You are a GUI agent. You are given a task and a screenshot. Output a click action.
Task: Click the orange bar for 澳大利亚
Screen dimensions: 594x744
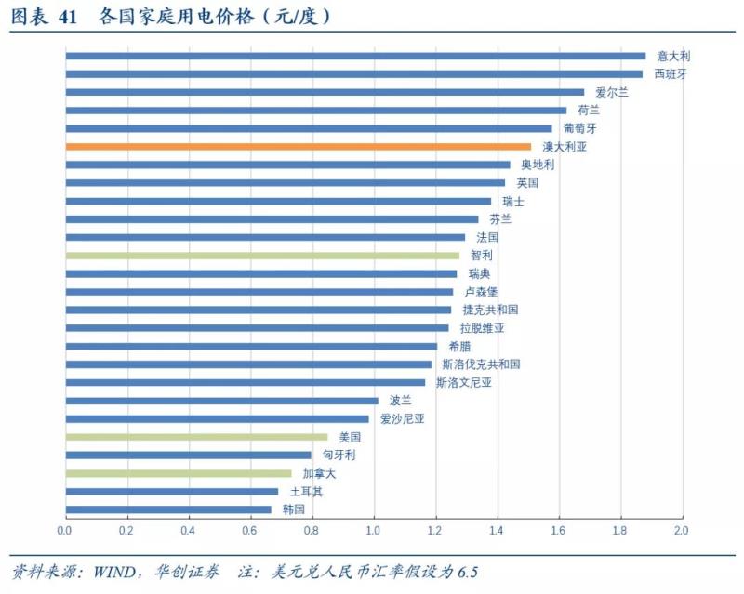[298, 146]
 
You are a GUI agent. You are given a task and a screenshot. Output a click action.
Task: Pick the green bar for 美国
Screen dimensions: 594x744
[196, 436]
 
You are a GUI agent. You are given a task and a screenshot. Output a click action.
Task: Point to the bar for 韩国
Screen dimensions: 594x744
[168, 508]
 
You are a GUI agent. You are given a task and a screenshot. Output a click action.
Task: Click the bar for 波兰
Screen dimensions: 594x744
[221, 400]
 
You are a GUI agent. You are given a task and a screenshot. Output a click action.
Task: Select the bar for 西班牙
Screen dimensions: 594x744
[353, 73]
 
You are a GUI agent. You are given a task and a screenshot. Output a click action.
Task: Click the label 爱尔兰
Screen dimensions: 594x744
[612, 92]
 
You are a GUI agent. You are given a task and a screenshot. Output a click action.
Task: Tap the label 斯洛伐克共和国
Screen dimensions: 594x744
[481, 363]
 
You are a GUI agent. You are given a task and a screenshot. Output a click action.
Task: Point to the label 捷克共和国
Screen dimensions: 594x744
[490, 310]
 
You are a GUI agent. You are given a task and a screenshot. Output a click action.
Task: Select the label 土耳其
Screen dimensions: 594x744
[306, 491]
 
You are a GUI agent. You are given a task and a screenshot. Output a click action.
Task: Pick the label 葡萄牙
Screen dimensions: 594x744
[580, 128]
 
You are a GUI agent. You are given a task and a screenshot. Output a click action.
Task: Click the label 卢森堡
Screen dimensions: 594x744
[481, 291]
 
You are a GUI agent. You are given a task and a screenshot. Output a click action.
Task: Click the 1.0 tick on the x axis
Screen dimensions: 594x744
[374, 530]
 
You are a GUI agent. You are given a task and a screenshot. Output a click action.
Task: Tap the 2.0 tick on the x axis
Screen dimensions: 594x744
[682, 530]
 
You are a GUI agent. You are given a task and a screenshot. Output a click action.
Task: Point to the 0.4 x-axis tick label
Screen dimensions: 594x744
[188, 530]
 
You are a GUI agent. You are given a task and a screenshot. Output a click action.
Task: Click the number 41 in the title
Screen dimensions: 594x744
[66, 17]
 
